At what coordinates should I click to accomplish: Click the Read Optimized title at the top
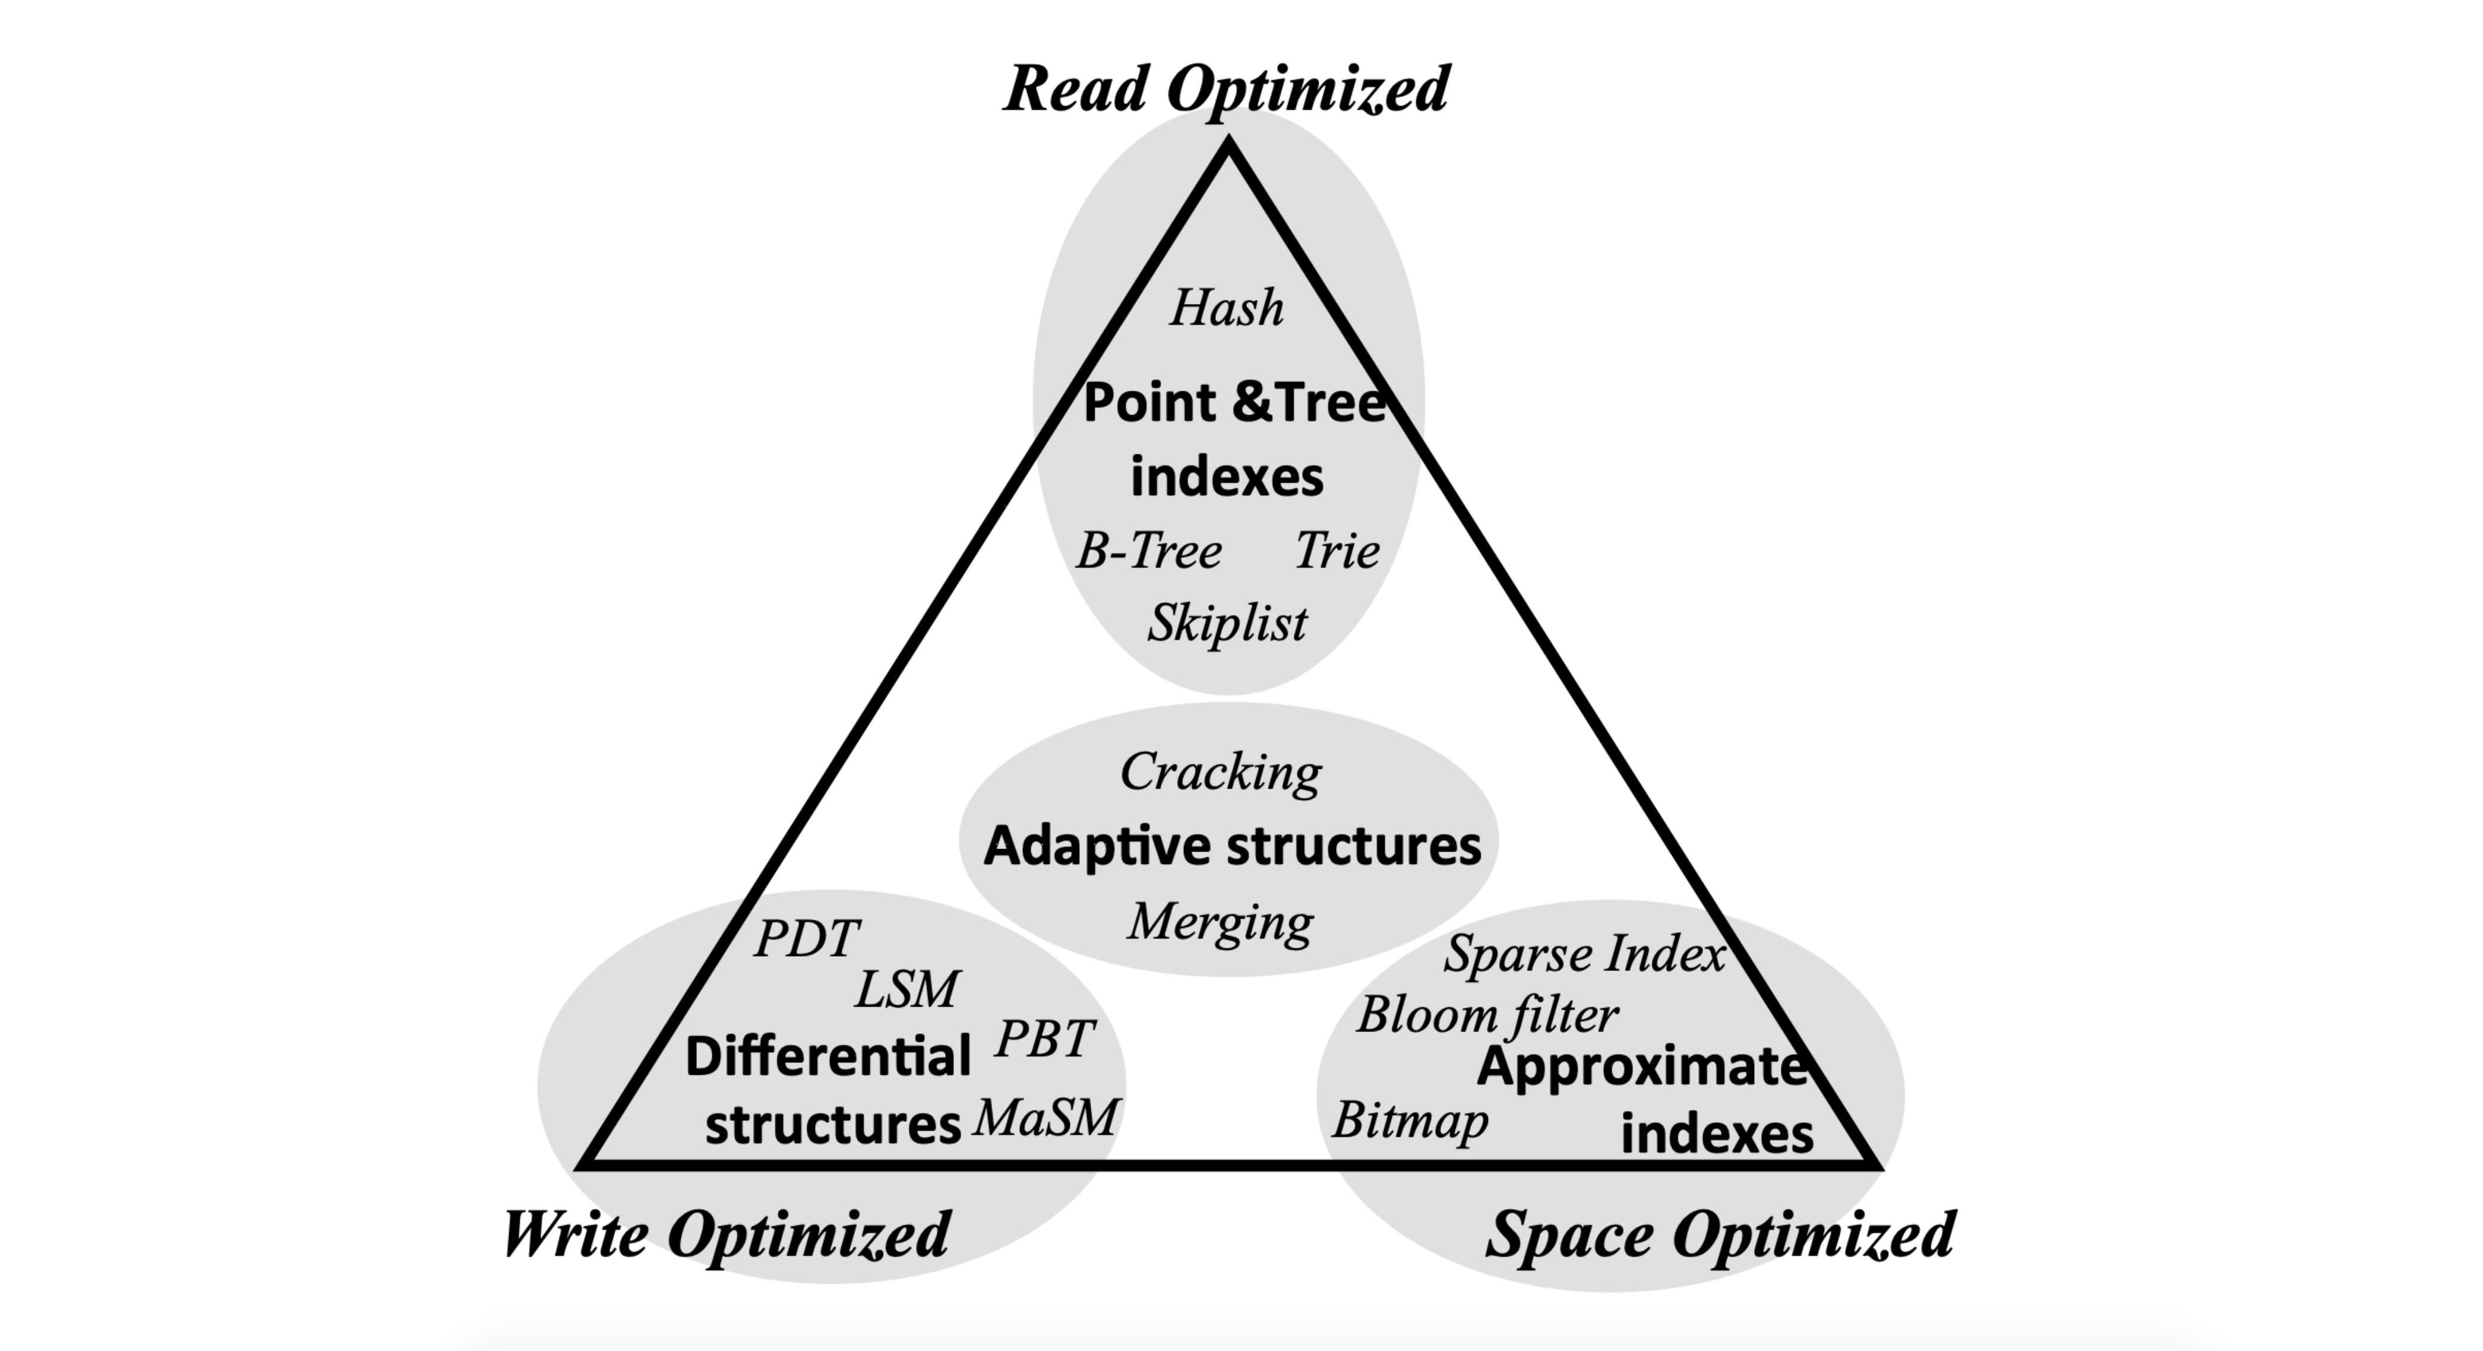(x=1226, y=88)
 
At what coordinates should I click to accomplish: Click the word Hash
(x=1226, y=308)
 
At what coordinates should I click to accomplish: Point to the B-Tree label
(x=1148, y=551)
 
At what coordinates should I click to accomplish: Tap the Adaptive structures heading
(x=1232, y=846)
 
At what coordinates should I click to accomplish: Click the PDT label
(x=806, y=938)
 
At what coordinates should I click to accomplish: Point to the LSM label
(x=907, y=989)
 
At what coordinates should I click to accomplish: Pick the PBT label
(x=1045, y=1039)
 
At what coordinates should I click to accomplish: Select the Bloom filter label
(x=1487, y=1015)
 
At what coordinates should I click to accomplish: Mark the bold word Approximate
(x=1641, y=1068)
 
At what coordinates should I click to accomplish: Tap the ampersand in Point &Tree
(x=1252, y=403)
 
